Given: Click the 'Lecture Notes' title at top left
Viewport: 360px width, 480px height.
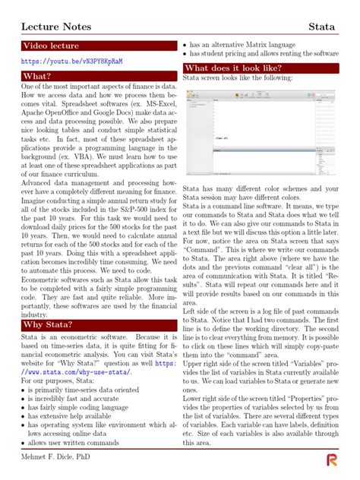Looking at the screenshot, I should (55, 27).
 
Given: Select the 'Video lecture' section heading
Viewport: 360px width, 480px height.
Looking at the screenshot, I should (51, 47).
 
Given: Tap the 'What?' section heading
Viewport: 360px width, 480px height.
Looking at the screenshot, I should (37, 77).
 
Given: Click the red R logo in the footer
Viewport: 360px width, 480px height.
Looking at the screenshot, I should (332, 459).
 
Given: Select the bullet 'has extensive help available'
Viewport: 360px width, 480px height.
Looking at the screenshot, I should (77, 416).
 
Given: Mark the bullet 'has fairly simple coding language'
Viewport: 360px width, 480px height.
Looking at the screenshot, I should (79, 408).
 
